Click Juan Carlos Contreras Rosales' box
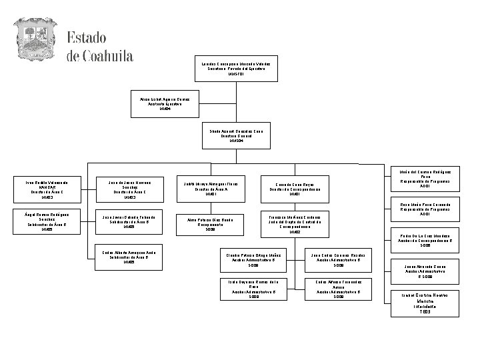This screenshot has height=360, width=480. pos(338,259)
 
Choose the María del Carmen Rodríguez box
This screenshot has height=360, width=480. pos(425,178)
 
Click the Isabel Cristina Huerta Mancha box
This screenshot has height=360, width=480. pos(425,303)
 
